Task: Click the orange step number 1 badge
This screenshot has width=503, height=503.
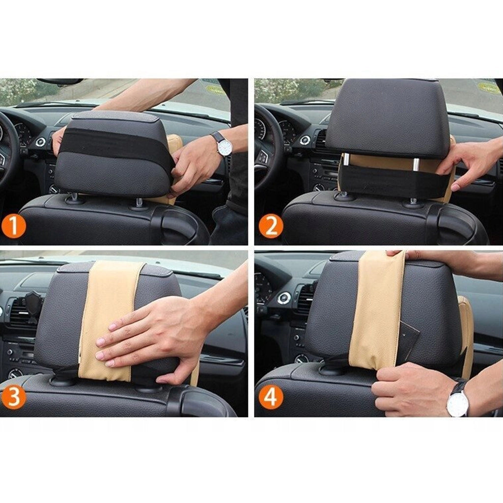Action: click(13, 226)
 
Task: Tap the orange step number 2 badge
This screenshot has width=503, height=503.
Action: click(271, 226)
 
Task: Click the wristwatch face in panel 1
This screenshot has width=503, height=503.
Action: click(224, 147)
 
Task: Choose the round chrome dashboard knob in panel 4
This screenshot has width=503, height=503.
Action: click(284, 298)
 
